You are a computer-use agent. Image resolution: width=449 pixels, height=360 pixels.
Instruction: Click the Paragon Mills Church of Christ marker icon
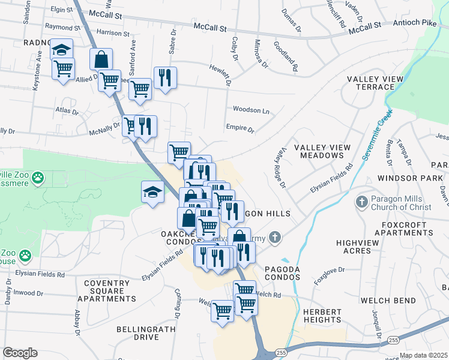(361, 201)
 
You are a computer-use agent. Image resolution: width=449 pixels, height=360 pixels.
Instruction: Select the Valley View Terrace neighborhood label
(371, 83)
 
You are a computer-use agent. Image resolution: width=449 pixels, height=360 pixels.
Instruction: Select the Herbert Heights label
(322, 316)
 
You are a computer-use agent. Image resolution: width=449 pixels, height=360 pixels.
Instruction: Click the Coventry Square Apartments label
(107, 290)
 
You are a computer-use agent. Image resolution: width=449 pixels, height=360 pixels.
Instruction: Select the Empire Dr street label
(240, 128)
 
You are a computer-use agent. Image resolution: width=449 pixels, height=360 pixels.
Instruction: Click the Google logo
(20, 353)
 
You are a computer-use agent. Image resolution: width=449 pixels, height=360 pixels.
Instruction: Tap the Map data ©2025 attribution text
(423, 355)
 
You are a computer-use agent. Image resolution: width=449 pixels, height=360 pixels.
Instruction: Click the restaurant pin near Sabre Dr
(165, 77)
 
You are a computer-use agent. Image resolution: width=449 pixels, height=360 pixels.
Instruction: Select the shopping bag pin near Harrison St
(101, 59)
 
